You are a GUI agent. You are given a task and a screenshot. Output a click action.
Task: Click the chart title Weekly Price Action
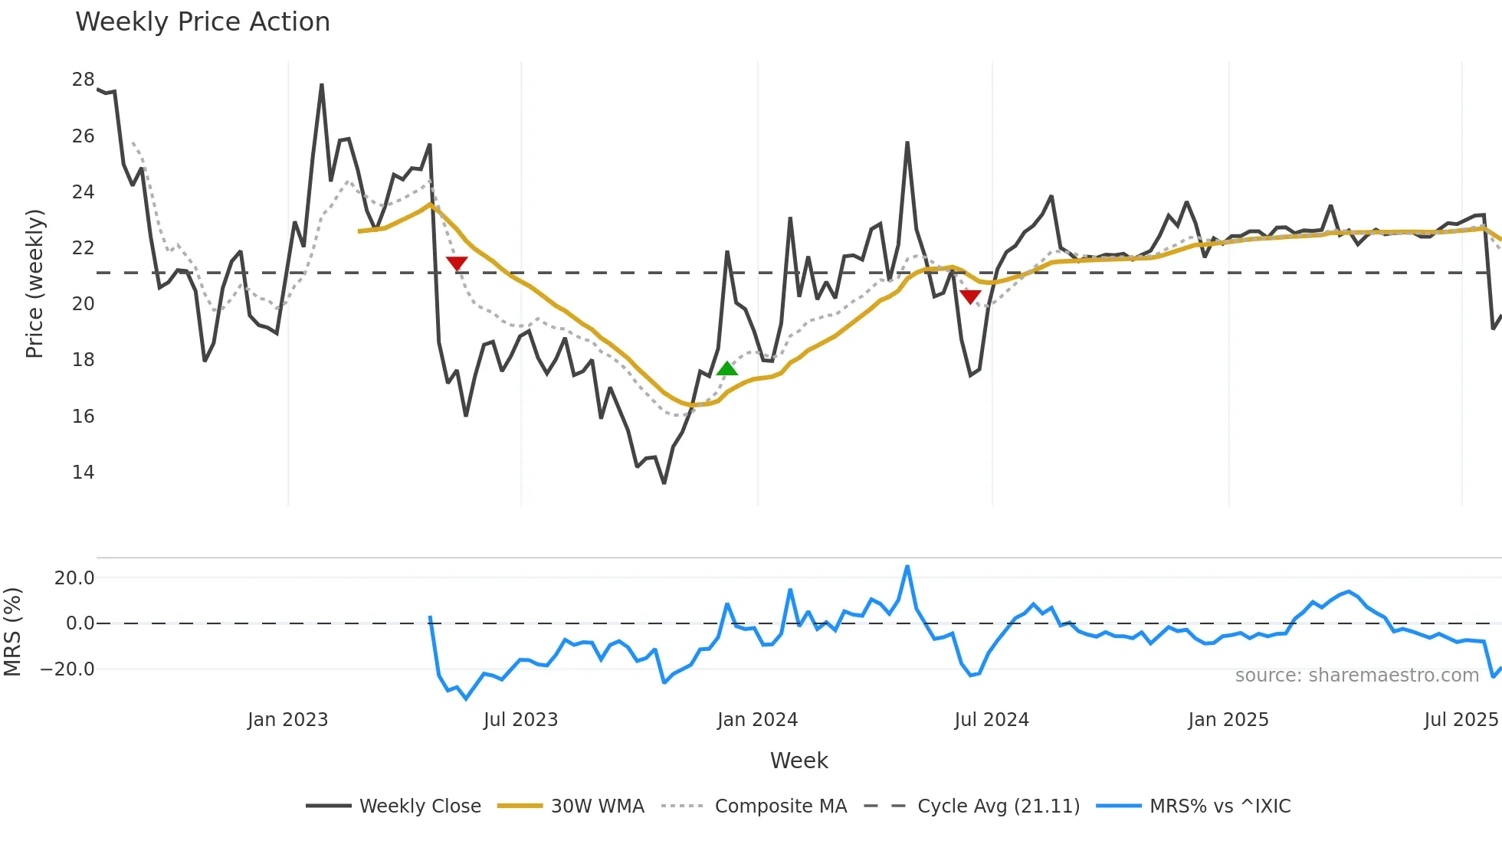202,22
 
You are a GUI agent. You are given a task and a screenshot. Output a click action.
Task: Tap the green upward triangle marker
727,369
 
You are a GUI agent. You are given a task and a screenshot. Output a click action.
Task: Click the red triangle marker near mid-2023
457,263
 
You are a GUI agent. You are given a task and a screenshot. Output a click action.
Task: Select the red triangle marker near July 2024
970,296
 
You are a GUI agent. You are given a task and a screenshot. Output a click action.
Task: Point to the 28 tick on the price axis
84,80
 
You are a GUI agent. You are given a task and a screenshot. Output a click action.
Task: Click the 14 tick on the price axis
84,473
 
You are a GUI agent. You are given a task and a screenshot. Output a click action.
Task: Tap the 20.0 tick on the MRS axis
74,578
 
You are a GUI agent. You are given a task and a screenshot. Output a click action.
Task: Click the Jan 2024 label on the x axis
757,720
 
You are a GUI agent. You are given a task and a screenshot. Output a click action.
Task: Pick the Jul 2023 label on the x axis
520,720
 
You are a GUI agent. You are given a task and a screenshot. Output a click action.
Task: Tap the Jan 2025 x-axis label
1228,720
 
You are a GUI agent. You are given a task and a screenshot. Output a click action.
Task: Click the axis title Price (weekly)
34,283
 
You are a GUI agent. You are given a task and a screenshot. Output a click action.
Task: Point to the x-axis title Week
799,761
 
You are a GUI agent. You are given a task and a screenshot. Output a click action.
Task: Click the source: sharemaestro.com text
1356,676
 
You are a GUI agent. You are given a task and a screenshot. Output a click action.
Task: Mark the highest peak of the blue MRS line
907,567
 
